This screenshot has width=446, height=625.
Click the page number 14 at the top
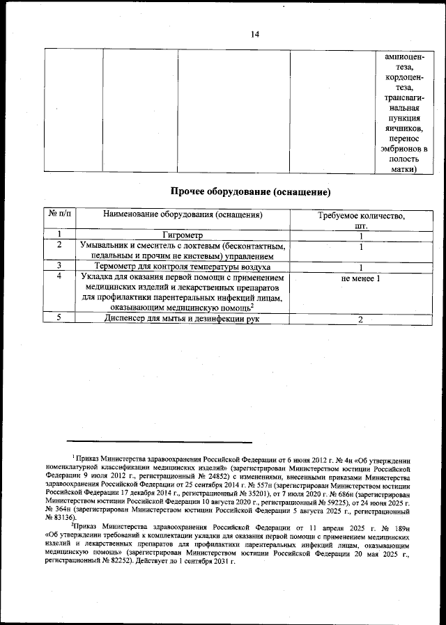254,35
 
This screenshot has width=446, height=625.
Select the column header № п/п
61,215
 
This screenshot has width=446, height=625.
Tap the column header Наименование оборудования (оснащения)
183,215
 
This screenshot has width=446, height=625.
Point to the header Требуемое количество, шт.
361,221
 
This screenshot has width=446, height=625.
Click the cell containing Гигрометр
183,235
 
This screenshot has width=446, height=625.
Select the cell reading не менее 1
361,279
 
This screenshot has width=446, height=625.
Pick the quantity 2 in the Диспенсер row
361,319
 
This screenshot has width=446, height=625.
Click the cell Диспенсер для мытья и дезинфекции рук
183,319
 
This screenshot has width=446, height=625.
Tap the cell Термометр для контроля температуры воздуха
183,267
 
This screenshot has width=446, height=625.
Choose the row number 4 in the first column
61,276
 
